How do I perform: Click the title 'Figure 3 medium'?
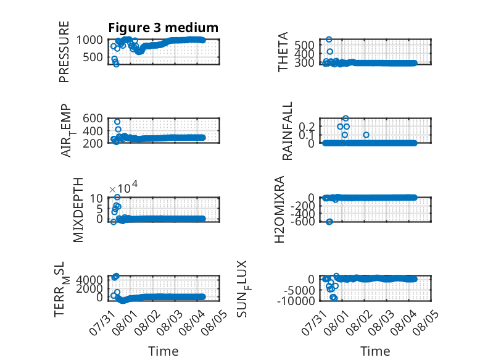click(163, 28)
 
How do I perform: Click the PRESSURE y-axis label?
click(64, 52)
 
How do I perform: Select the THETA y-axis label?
click(283, 52)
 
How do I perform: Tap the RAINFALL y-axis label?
click(288, 131)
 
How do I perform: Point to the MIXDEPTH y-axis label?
click(78, 210)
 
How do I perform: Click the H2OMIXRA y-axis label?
click(279, 209)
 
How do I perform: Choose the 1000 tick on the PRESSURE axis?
click(89, 40)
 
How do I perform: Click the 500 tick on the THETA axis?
click(304, 45)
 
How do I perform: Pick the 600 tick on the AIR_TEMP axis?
click(93, 119)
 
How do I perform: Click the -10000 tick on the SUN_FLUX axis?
click(296, 301)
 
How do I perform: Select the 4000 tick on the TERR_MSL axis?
click(89, 280)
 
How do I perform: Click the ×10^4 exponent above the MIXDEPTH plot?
click(123, 187)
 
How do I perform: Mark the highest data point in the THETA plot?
click(329, 40)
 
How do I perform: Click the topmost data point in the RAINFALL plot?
click(346, 119)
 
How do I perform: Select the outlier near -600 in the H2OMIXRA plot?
click(329, 222)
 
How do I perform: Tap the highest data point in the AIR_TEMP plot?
click(117, 122)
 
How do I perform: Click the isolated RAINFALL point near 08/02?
click(366, 135)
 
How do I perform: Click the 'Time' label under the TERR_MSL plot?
click(163, 351)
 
